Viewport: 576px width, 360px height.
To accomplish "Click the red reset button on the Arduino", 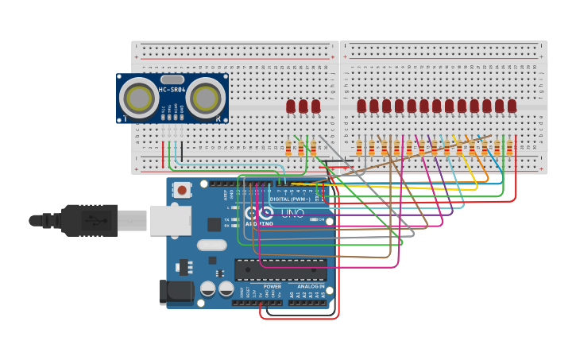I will coord(182,190).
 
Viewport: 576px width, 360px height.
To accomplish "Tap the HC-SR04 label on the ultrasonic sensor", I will coord(172,90).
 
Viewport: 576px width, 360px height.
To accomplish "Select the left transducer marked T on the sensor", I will coord(139,99).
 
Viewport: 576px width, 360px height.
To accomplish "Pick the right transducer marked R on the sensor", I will coord(206,99).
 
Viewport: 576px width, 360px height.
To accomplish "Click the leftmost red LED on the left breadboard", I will coord(291,106).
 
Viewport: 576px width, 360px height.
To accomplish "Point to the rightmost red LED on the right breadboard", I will coord(512,106).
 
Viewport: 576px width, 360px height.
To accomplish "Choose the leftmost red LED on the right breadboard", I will coord(361,106).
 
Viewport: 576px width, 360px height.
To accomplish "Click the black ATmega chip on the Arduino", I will coord(280,269).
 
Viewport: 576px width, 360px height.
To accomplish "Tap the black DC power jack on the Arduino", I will coord(176,292).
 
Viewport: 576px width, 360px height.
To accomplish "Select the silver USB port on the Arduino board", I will coord(170,220).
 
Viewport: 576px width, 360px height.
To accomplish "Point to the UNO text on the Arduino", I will coord(293,213).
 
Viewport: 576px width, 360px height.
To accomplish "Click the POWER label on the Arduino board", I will coord(272,287).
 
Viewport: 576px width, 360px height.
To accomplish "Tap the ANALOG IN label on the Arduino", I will coord(311,287).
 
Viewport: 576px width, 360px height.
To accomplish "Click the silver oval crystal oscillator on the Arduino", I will coord(211,246).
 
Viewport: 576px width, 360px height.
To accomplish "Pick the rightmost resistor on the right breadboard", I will coord(509,148).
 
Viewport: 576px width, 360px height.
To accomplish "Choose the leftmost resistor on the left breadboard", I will coord(288,148).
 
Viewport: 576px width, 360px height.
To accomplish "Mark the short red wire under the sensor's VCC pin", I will coord(164,153).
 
